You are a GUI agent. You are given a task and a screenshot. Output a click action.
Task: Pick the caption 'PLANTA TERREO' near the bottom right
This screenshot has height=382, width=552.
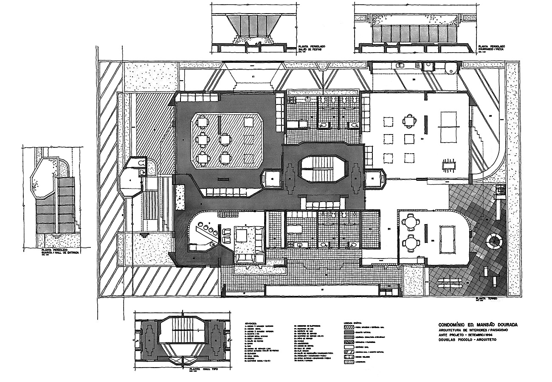pos(486,299)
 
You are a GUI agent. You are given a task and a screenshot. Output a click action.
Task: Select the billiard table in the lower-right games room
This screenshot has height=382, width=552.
pos(451,238)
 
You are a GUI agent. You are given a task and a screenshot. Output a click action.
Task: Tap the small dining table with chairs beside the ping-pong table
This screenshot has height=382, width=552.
pos(448,164)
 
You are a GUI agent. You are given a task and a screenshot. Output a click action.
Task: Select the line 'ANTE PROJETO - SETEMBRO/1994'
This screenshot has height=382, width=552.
pos(465,335)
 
